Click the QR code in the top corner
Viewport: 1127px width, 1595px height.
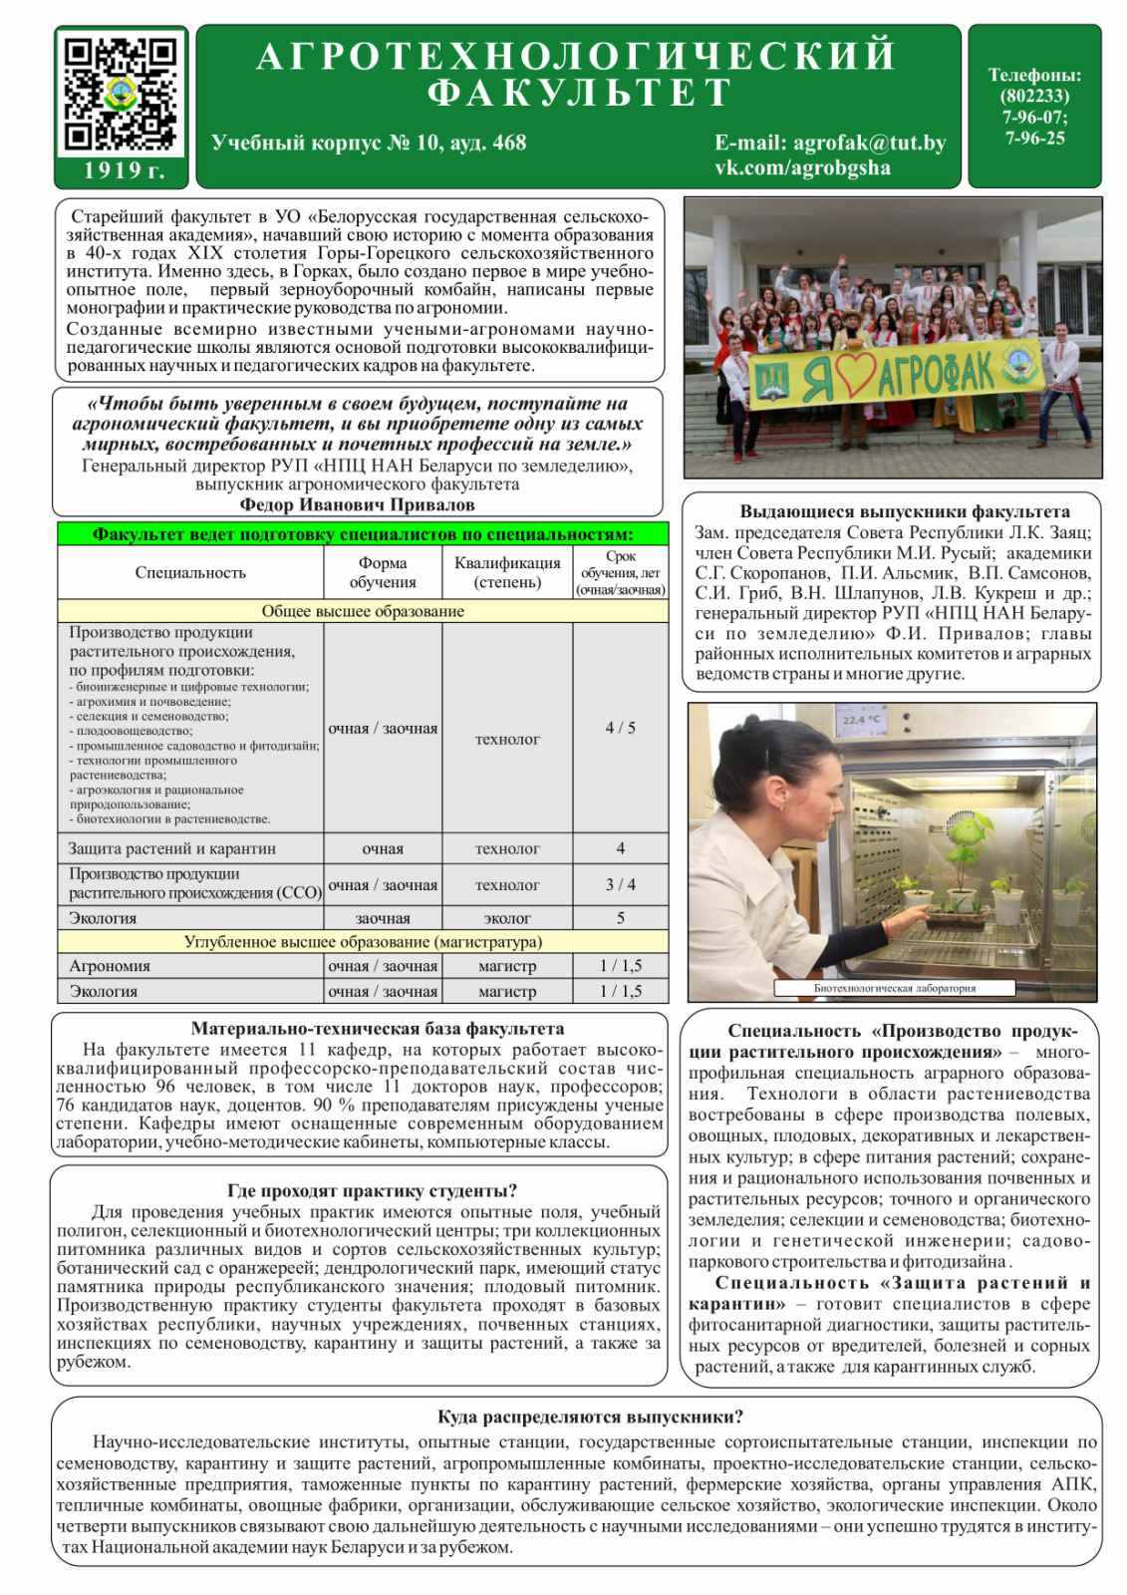pyautogui.click(x=121, y=94)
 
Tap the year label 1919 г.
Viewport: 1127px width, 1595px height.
pyautogui.click(x=122, y=170)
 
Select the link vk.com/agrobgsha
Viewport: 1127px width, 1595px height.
pyautogui.click(x=802, y=167)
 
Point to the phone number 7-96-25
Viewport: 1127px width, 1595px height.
pyautogui.click(x=1034, y=139)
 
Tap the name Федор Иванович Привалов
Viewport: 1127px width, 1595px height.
pyautogui.click(x=357, y=504)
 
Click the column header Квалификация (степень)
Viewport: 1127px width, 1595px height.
pyautogui.click(x=507, y=572)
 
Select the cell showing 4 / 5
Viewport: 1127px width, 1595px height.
pyautogui.click(x=620, y=728)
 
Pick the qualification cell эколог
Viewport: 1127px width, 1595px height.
pyautogui.click(x=507, y=918)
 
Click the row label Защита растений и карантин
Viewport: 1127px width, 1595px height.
pyautogui.click(x=172, y=848)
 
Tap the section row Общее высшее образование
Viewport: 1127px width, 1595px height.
pyautogui.click(x=363, y=611)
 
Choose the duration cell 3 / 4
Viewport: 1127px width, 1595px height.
pyautogui.click(x=620, y=884)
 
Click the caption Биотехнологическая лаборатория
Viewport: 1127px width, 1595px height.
pyautogui.click(x=894, y=988)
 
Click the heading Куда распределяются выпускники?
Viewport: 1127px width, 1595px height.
pyautogui.click(x=590, y=1417)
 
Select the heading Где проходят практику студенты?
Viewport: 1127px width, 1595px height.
pyautogui.click(x=372, y=1190)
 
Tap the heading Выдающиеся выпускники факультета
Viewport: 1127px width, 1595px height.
pyautogui.click(x=904, y=511)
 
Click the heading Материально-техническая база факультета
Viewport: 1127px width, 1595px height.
pyautogui.click(x=377, y=1029)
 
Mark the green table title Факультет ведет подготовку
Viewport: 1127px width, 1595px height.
pyautogui.click(x=363, y=534)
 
